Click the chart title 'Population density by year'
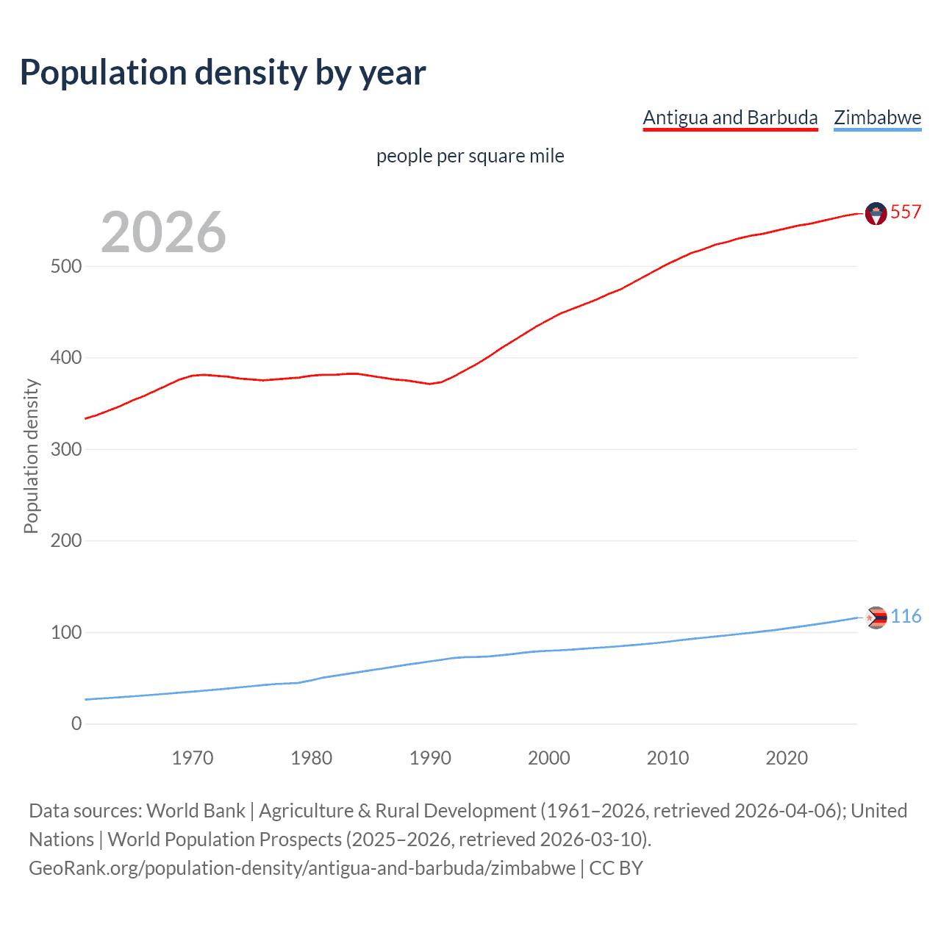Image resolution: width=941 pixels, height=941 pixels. click(223, 73)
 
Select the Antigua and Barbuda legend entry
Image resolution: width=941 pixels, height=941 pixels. click(730, 118)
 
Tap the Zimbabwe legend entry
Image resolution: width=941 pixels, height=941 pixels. click(877, 118)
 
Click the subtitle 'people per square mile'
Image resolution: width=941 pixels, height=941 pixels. click(470, 156)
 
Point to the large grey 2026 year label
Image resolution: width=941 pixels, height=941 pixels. click(163, 232)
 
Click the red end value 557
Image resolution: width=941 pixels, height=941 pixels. click(905, 212)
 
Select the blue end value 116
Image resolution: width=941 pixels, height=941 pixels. click(906, 616)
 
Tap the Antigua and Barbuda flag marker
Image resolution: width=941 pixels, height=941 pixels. click(876, 213)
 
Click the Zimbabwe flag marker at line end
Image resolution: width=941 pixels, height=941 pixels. click(876, 618)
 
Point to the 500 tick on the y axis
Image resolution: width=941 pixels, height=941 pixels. click(66, 266)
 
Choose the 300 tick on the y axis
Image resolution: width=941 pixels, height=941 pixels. click(66, 449)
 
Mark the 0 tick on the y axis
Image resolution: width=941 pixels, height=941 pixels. click(76, 723)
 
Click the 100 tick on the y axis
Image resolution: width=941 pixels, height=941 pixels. click(66, 632)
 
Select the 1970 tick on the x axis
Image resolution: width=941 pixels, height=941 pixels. click(193, 758)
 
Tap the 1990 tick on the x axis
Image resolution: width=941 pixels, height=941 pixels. click(430, 758)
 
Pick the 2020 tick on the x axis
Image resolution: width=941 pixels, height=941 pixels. click(787, 758)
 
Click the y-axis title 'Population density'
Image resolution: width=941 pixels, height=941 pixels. click(31, 456)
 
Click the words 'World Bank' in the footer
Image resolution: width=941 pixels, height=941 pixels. click(196, 811)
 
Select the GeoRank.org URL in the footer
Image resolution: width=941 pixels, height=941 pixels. click(302, 868)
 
